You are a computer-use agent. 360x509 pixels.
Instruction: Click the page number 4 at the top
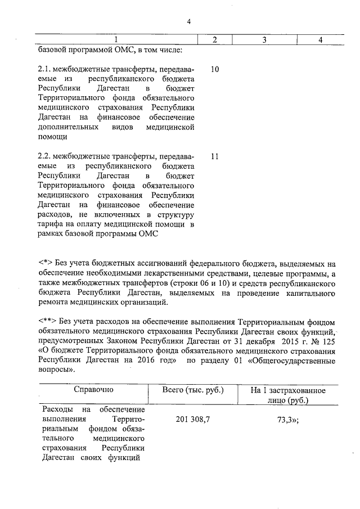(189, 21)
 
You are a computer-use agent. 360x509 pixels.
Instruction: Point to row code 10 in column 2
(214, 70)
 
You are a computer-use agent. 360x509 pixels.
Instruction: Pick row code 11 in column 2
(214, 157)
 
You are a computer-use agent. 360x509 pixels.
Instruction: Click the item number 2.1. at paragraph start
(46, 70)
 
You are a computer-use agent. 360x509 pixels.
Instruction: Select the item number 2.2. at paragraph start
(46, 157)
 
